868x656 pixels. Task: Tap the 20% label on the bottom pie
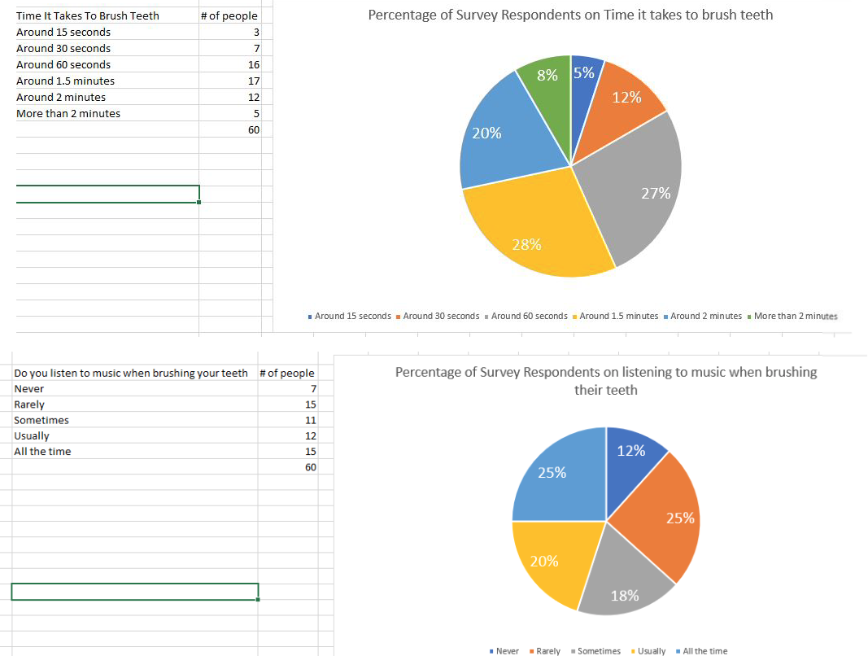click(x=544, y=561)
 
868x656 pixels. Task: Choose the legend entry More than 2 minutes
click(x=795, y=316)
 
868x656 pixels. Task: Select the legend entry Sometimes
click(x=599, y=650)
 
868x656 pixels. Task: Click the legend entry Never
click(x=507, y=650)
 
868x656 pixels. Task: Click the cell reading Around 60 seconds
click(x=63, y=64)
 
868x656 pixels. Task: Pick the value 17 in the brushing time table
click(x=254, y=81)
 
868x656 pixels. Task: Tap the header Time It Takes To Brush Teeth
click(x=88, y=15)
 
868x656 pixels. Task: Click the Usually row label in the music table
click(x=32, y=435)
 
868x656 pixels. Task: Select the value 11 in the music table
click(x=310, y=420)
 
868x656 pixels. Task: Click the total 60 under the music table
click(x=310, y=467)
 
